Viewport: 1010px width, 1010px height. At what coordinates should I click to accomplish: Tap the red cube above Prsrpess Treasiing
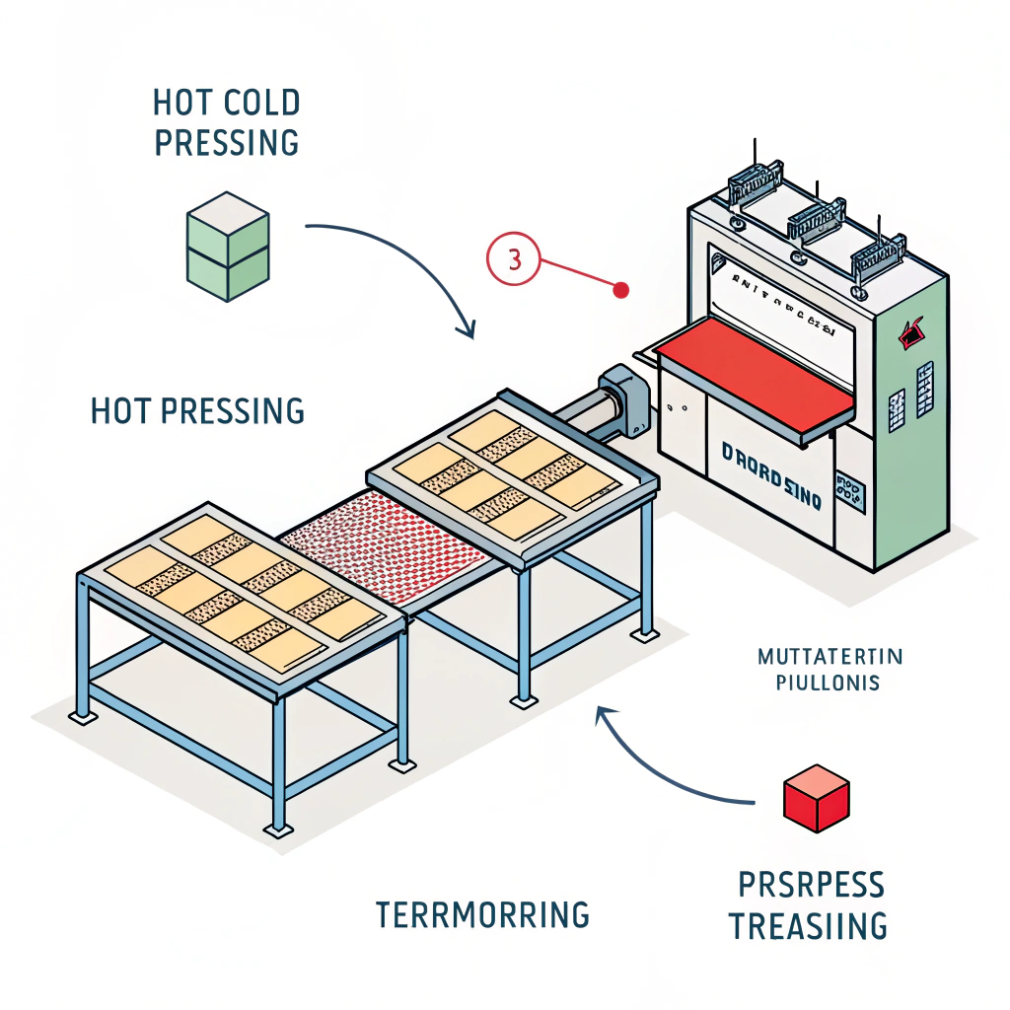click(816, 798)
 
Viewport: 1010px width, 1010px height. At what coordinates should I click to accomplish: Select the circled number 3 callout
click(513, 261)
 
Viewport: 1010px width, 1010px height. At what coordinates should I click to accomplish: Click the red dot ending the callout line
click(620, 290)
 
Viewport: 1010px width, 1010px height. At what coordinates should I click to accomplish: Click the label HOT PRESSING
click(197, 410)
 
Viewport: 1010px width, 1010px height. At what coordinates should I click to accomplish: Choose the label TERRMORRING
click(482, 914)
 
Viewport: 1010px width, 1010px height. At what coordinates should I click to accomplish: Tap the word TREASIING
click(808, 926)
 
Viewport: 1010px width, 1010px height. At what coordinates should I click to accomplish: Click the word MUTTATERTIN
click(830, 656)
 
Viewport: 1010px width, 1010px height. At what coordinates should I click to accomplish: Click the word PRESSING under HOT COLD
click(227, 142)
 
